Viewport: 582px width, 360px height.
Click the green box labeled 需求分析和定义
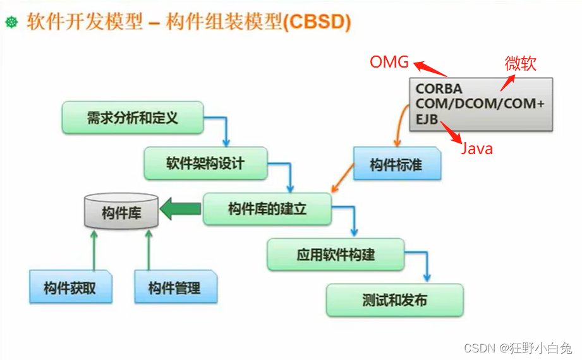point(133,117)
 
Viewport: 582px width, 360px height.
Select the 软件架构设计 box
point(205,164)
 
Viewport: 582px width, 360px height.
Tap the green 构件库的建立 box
point(267,209)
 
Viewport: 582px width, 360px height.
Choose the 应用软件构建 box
point(335,255)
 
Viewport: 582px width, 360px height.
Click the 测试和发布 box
point(394,300)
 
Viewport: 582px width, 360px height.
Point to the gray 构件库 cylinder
point(121,211)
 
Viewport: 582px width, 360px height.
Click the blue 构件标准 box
point(397,165)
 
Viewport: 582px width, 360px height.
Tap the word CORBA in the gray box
point(439,89)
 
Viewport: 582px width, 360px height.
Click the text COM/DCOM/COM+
point(479,104)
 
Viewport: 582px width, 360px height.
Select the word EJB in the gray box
point(427,118)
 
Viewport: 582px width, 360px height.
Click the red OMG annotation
point(389,62)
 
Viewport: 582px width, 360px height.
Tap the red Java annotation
point(476,149)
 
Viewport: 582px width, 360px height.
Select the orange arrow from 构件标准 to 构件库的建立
point(343,178)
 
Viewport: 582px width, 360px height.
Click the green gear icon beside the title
point(11,22)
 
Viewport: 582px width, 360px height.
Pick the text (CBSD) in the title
point(317,22)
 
